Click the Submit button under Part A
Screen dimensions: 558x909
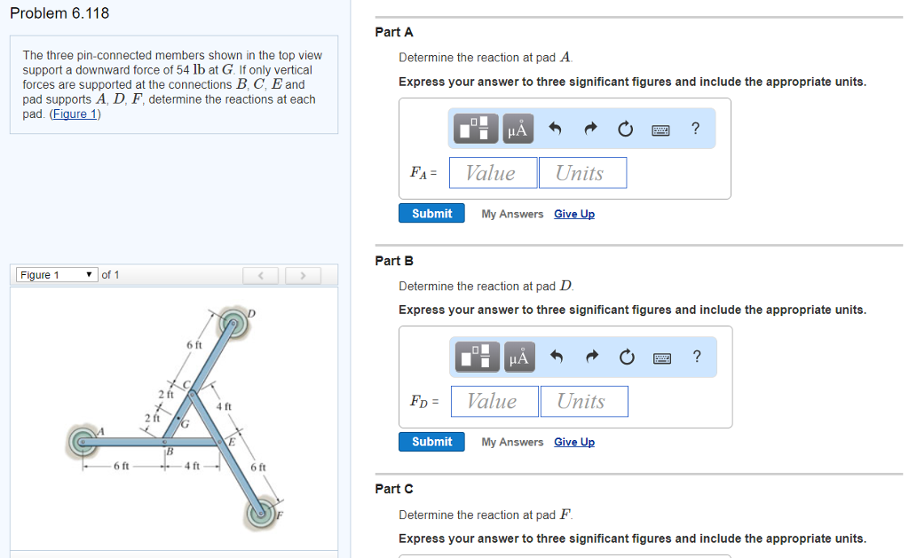coord(431,214)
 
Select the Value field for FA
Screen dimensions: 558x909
coord(493,173)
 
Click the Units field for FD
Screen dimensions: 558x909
coord(582,401)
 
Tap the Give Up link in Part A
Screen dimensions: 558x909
coord(573,214)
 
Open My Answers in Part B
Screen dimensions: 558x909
coord(512,442)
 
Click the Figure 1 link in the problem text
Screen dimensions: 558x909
coord(75,114)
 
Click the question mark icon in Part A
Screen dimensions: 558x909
coord(695,129)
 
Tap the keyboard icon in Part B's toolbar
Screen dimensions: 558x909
coord(661,358)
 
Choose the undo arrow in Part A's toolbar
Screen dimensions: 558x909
coord(556,130)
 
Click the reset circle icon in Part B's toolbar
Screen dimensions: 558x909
coord(627,358)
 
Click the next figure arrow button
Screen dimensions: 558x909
coord(303,276)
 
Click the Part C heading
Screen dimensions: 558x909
coord(394,489)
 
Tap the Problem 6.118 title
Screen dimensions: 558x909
coord(59,13)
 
